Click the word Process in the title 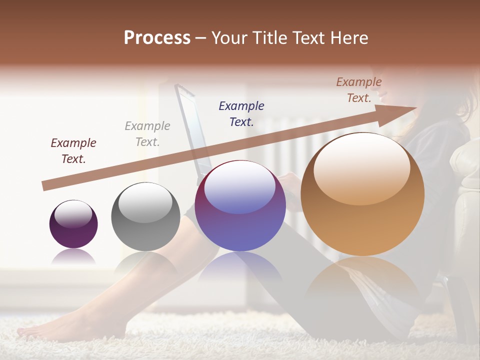tap(157, 38)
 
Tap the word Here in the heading tap(348, 38)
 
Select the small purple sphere tap(73, 224)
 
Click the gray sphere tap(145, 216)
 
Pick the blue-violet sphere tap(240, 206)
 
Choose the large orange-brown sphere tap(362, 194)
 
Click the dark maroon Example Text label tap(73, 151)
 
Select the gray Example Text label tap(147, 134)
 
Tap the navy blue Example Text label tap(241, 113)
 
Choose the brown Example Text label tap(359, 90)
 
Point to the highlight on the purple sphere tap(73, 213)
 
